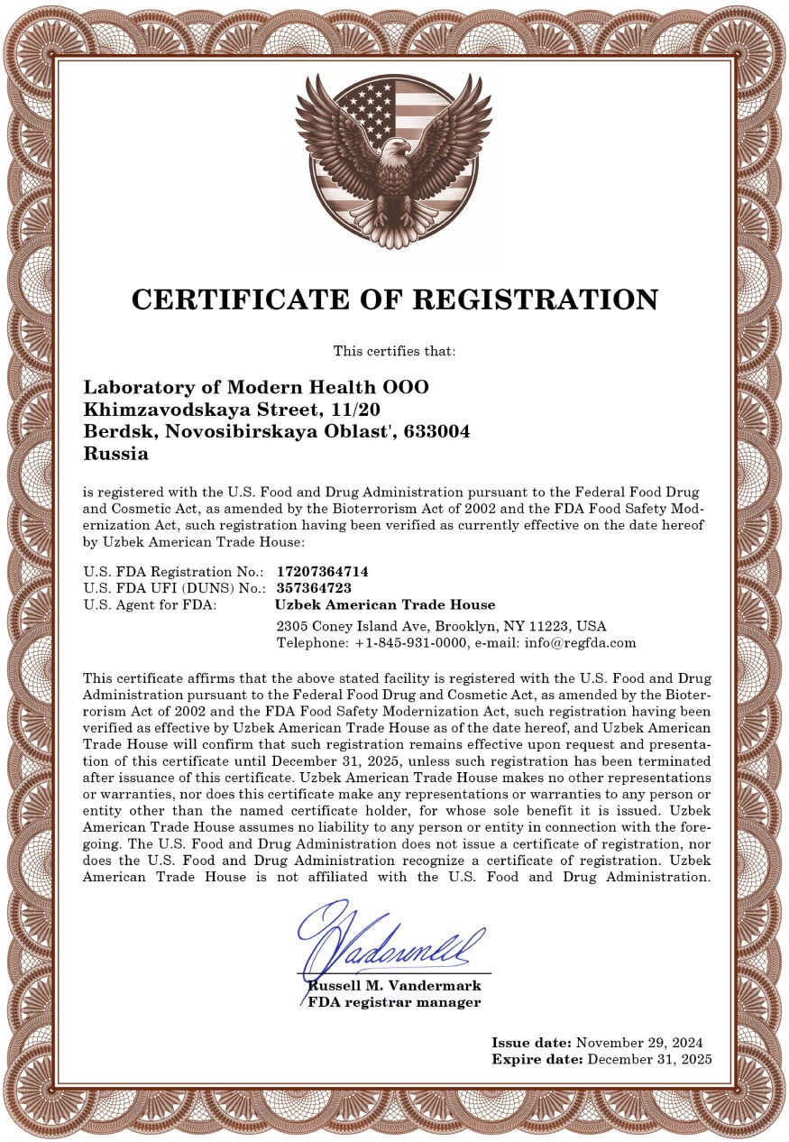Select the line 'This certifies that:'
[x=394, y=350]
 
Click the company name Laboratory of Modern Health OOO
[x=256, y=387]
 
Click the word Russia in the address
[x=115, y=454]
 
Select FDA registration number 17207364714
[x=322, y=571]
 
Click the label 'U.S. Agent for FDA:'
[x=150, y=604]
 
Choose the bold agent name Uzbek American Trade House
[x=384, y=604]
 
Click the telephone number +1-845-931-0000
[x=411, y=643]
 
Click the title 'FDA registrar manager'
[x=394, y=1002]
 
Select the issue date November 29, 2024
[x=638, y=1042]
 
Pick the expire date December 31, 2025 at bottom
[x=649, y=1058]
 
